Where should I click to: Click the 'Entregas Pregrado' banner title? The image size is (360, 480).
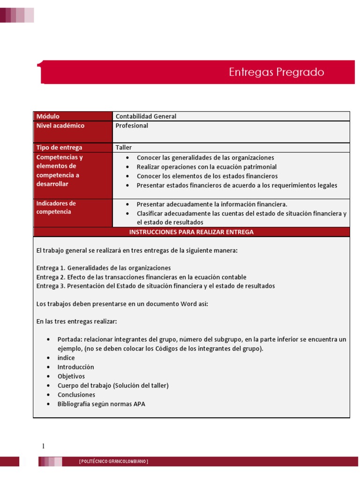tap(276, 72)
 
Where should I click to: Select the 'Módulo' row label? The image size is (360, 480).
tap(48, 116)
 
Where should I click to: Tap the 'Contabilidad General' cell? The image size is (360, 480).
tap(146, 116)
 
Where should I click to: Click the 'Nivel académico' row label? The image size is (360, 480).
tap(60, 126)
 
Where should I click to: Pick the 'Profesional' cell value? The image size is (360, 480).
tap(132, 126)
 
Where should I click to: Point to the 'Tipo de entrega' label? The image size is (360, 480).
tap(59, 147)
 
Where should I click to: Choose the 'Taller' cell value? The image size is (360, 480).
tap(124, 147)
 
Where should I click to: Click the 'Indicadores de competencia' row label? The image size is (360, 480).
tap(56, 208)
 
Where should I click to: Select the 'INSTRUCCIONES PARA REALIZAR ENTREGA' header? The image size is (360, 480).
tap(191, 232)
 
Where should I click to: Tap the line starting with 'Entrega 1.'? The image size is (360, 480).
tap(104, 268)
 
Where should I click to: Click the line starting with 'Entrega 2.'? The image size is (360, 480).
tap(141, 277)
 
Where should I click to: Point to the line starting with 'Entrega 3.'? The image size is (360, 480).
tap(156, 286)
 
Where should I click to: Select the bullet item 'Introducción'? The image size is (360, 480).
tap(75, 367)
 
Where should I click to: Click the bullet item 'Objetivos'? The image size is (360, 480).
tap(71, 376)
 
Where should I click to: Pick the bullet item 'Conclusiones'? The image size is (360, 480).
tap(76, 395)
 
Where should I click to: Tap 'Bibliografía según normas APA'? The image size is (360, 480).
tap(101, 404)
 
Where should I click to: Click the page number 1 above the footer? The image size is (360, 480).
tap(43, 446)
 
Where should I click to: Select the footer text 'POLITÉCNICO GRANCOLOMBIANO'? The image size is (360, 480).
tap(113, 462)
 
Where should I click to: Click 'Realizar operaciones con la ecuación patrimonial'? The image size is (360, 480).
tap(206, 167)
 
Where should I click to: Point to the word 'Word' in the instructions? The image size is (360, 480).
tap(189, 304)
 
